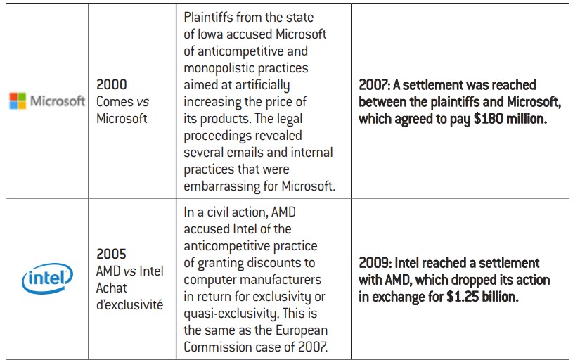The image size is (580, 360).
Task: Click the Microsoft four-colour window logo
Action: [18, 101]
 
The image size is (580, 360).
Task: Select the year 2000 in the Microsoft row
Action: [112, 84]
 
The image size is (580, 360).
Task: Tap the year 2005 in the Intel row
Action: [112, 255]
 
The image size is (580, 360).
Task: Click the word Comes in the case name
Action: [115, 101]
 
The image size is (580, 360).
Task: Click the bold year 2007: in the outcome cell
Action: [377, 85]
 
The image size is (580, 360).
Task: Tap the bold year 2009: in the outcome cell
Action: [377, 263]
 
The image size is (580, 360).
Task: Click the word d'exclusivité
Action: [129, 305]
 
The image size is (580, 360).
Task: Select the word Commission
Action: [216, 347]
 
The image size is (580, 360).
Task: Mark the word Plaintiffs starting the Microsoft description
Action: [210, 17]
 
